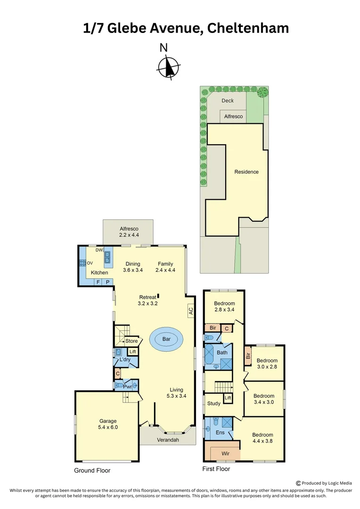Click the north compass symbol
pyautogui.click(x=167, y=66)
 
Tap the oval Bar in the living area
pyautogui.click(x=166, y=339)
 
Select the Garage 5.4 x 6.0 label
pyautogui.click(x=108, y=424)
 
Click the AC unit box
pyautogui.click(x=190, y=311)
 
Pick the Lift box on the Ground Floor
pyautogui.click(x=132, y=352)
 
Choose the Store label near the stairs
pyautogui.click(x=131, y=341)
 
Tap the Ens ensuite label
pyautogui.click(x=220, y=433)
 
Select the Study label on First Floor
pyautogui.click(x=214, y=403)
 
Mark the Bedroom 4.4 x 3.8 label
pyautogui.click(x=262, y=438)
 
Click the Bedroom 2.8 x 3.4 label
pyautogui.click(x=224, y=306)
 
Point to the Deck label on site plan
pyautogui.click(x=228, y=100)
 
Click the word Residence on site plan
pyautogui.click(x=246, y=172)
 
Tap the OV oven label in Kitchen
pyautogui.click(x=90, y=263)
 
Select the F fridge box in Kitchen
pyautogui.click(x=98, y=282)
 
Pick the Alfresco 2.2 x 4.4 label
pyautogui.click(x=128, y=231)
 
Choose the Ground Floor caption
pyautogui.click(x=92, y=470)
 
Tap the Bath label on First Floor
pyautogui.click(x=222, y=352)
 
